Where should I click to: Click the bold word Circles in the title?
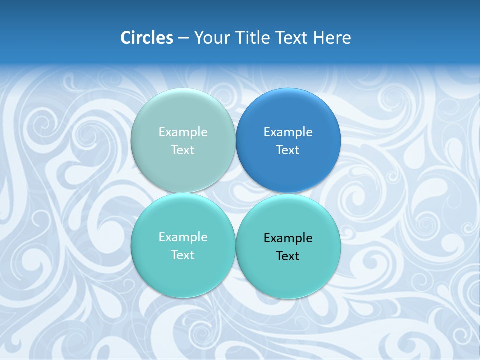pyautogui.click(x=147, y=38)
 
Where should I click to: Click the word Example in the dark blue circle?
pyautogui.click(x=288, y=132)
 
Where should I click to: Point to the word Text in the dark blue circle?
pyautogui.click(x=288, y=150)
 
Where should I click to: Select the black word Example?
pyautogui.click(x=288, y=238)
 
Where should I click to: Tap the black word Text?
pyautogui.click(x=288, y=256)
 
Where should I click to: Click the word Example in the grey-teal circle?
pyautogui.click(x=183, y=132)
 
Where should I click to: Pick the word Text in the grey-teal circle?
pyautogui.click(x=183, y=150)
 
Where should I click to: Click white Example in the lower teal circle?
pyautogui.click(x=183, y=237)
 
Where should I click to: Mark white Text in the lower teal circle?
pyautogui.click(x=183, y=255)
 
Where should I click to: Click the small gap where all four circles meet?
pyautogui.click(x=235, y=193)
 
